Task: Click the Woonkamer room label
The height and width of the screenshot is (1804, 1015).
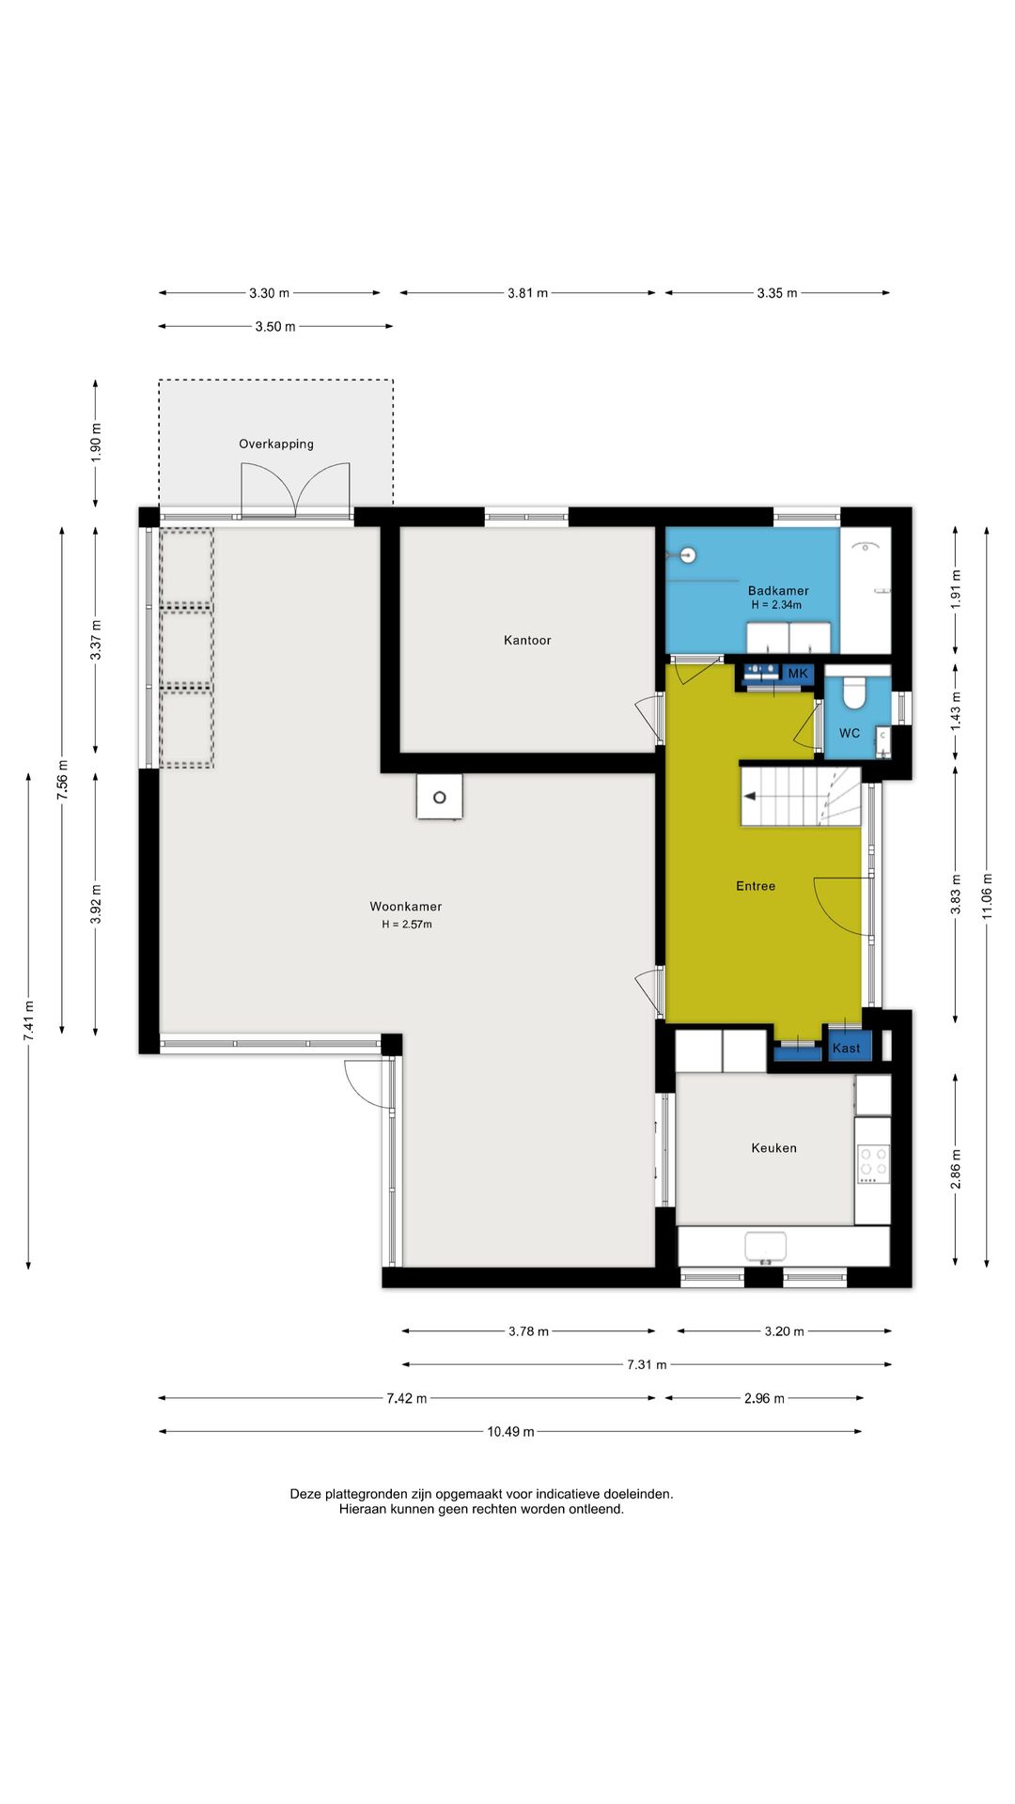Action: [405, 907]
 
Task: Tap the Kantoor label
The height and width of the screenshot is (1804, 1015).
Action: [527, 640]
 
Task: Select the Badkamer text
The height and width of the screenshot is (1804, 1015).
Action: [778, 591]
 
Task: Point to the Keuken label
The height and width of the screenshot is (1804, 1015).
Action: [773, 1148]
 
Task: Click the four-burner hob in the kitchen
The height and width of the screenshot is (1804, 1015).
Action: [873, 1164]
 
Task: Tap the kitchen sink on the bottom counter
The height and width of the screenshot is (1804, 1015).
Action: [765, 1247]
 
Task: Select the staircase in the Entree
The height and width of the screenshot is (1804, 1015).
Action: [801, 797]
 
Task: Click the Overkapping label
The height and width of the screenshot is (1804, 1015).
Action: [276, 444]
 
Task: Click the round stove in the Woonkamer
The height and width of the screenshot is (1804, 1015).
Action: [440, 798]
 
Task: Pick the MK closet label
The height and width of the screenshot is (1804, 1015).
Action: [798, 674]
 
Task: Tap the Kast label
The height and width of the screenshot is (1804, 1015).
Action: [846, 1049]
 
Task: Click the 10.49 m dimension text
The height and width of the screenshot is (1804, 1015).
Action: [510, 1432]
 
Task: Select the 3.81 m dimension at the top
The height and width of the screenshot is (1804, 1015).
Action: [527, 293]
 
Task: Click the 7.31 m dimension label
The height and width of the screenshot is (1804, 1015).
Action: [647, 1364]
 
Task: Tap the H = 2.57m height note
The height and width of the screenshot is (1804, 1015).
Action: [407, 925]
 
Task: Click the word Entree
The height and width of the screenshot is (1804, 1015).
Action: [756, 886]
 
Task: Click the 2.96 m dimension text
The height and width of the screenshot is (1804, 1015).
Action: [764, 1398]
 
